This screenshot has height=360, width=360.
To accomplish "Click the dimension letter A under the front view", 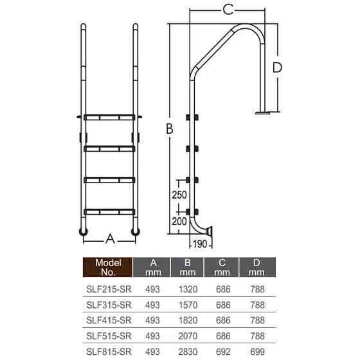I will [110, 239].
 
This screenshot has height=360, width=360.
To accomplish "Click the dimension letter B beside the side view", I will [169, 129].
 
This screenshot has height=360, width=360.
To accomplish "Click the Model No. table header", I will [108, 267].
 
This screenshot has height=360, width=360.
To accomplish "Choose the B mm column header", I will [187, 267].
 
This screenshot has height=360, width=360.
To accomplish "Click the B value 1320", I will [187, 289].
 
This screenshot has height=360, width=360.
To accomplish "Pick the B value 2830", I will [187, 351].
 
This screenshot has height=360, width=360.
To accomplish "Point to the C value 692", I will [222, 351].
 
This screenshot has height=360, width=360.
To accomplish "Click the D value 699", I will [256, 351].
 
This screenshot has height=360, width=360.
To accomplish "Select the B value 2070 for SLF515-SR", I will [187, 336].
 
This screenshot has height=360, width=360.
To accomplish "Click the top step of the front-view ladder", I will [109, 118].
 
